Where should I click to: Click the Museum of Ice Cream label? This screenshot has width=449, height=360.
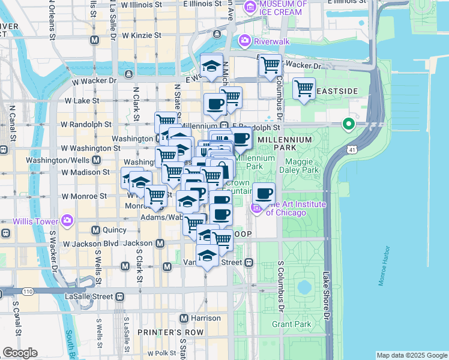click(282, 7)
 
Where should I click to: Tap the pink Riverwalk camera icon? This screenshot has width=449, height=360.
click(244, 41)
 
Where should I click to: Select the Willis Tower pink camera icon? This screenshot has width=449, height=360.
click(66, 220)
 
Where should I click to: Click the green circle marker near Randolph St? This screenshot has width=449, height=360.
click(348, 125)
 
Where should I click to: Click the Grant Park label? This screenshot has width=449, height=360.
click(291, 325)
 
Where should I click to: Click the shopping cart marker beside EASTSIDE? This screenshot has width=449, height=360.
click(304, 89)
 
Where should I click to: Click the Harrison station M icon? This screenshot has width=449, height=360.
click(185, 317)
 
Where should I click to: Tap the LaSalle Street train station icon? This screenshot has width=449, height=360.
click(120, 296)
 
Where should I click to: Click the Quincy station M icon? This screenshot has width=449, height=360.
click(95, 230)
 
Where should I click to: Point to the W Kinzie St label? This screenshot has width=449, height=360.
click(141, 35)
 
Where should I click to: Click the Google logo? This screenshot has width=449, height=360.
click(20, 353)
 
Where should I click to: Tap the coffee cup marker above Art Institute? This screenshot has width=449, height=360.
click(264, 194)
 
